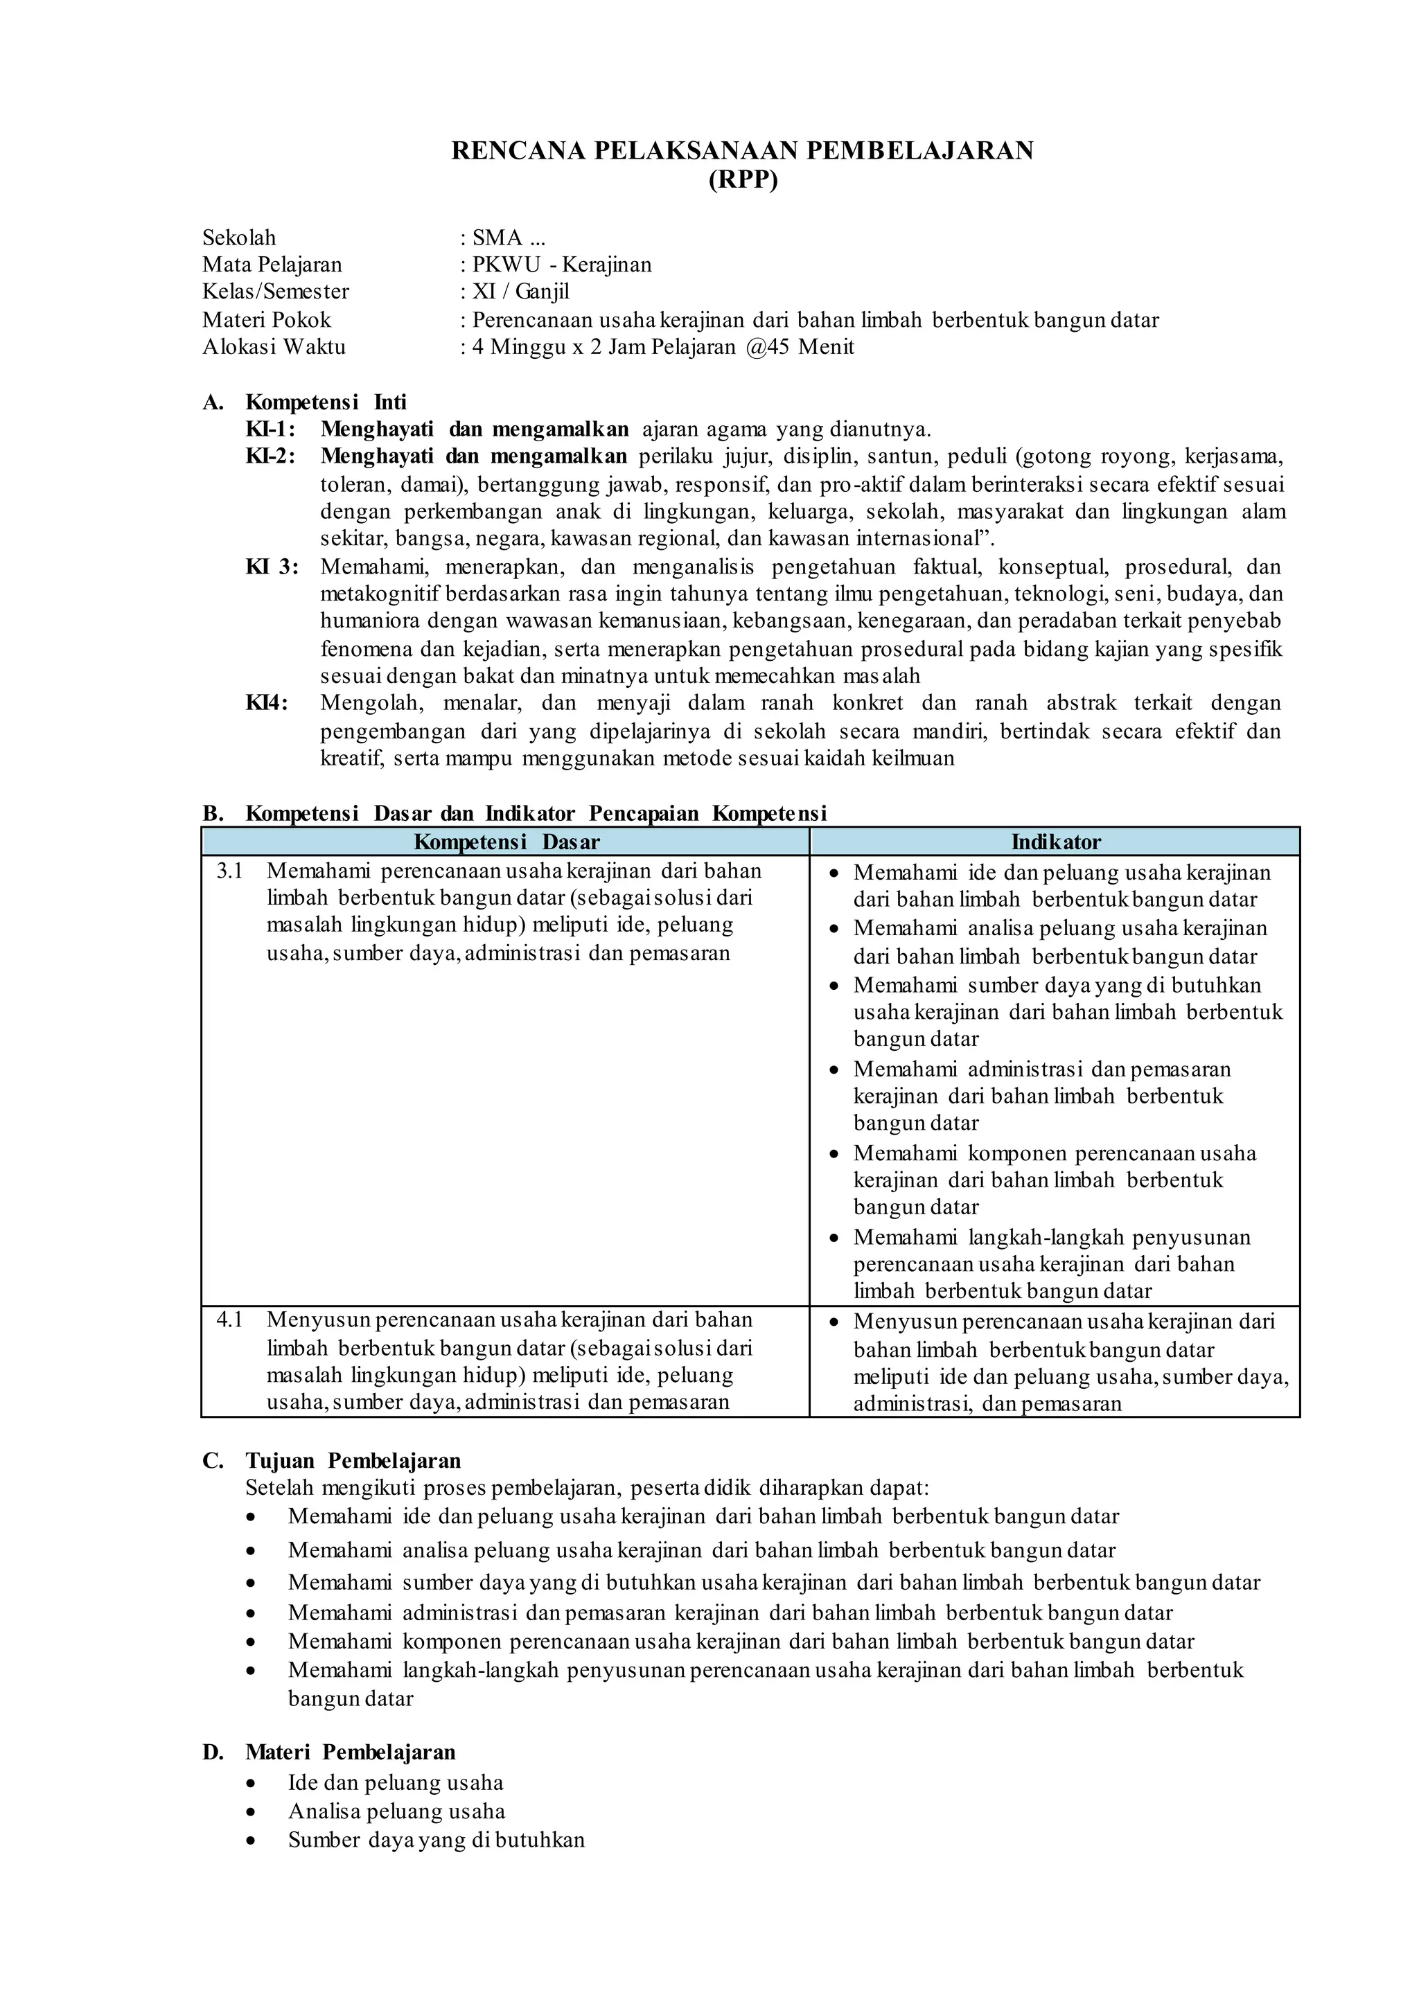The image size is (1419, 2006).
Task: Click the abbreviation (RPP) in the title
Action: click(x=742, y=181)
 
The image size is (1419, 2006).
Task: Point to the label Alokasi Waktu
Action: click(x=274, y=347)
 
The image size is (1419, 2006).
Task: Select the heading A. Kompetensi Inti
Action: click(x=305, y=402)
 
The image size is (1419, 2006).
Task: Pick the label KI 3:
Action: click(x=272, y=566)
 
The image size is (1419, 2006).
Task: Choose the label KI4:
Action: click(x=267, y=703)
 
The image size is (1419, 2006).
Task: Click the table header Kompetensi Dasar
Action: click(x=506, y=842)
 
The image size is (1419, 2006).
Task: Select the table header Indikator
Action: click(x=1055, y=842)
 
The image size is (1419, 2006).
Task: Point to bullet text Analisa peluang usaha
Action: click(x=397, y=1811)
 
